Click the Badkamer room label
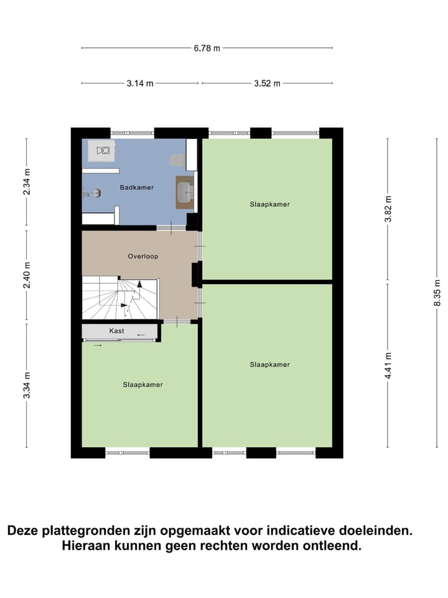pyautogui.click(x=136, y=187)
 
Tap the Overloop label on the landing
pyautogui.click(x=143, y=256)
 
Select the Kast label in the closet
pyautogui.click(x=116, y=331)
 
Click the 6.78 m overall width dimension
pyautogui.click(x=207, y=48)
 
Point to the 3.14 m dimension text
pyautogui.click(x=140, y=83)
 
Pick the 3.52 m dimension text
pyautogui.click(x=267, y=83)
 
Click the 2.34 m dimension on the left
pyautogui.click(x=26, y=182)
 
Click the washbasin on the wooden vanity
pyautogui.click(x=185, y=192)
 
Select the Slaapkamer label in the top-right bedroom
pyautogui.click(x=269, y=204)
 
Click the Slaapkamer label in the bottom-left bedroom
pyautogui.click(x=142, y=384)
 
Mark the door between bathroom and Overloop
pyautogui.click(x=166, y=229)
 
